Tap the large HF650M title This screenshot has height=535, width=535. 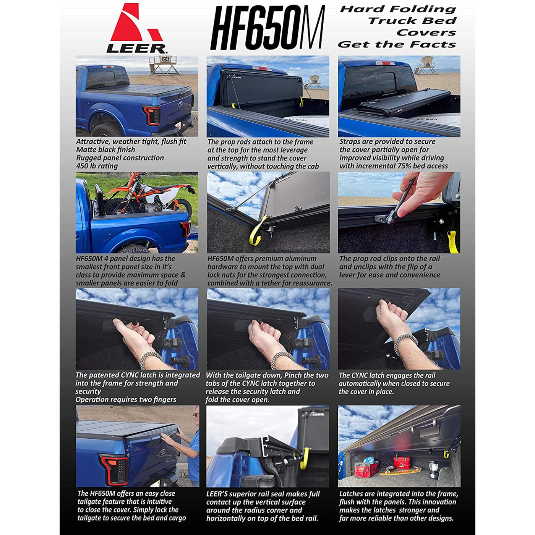267,28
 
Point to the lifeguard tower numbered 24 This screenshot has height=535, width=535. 164,65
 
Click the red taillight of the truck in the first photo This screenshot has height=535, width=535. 152,115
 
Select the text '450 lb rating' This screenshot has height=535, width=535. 97,166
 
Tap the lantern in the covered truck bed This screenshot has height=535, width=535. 433,469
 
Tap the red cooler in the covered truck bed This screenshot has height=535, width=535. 402,462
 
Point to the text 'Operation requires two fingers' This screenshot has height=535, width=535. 126,399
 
